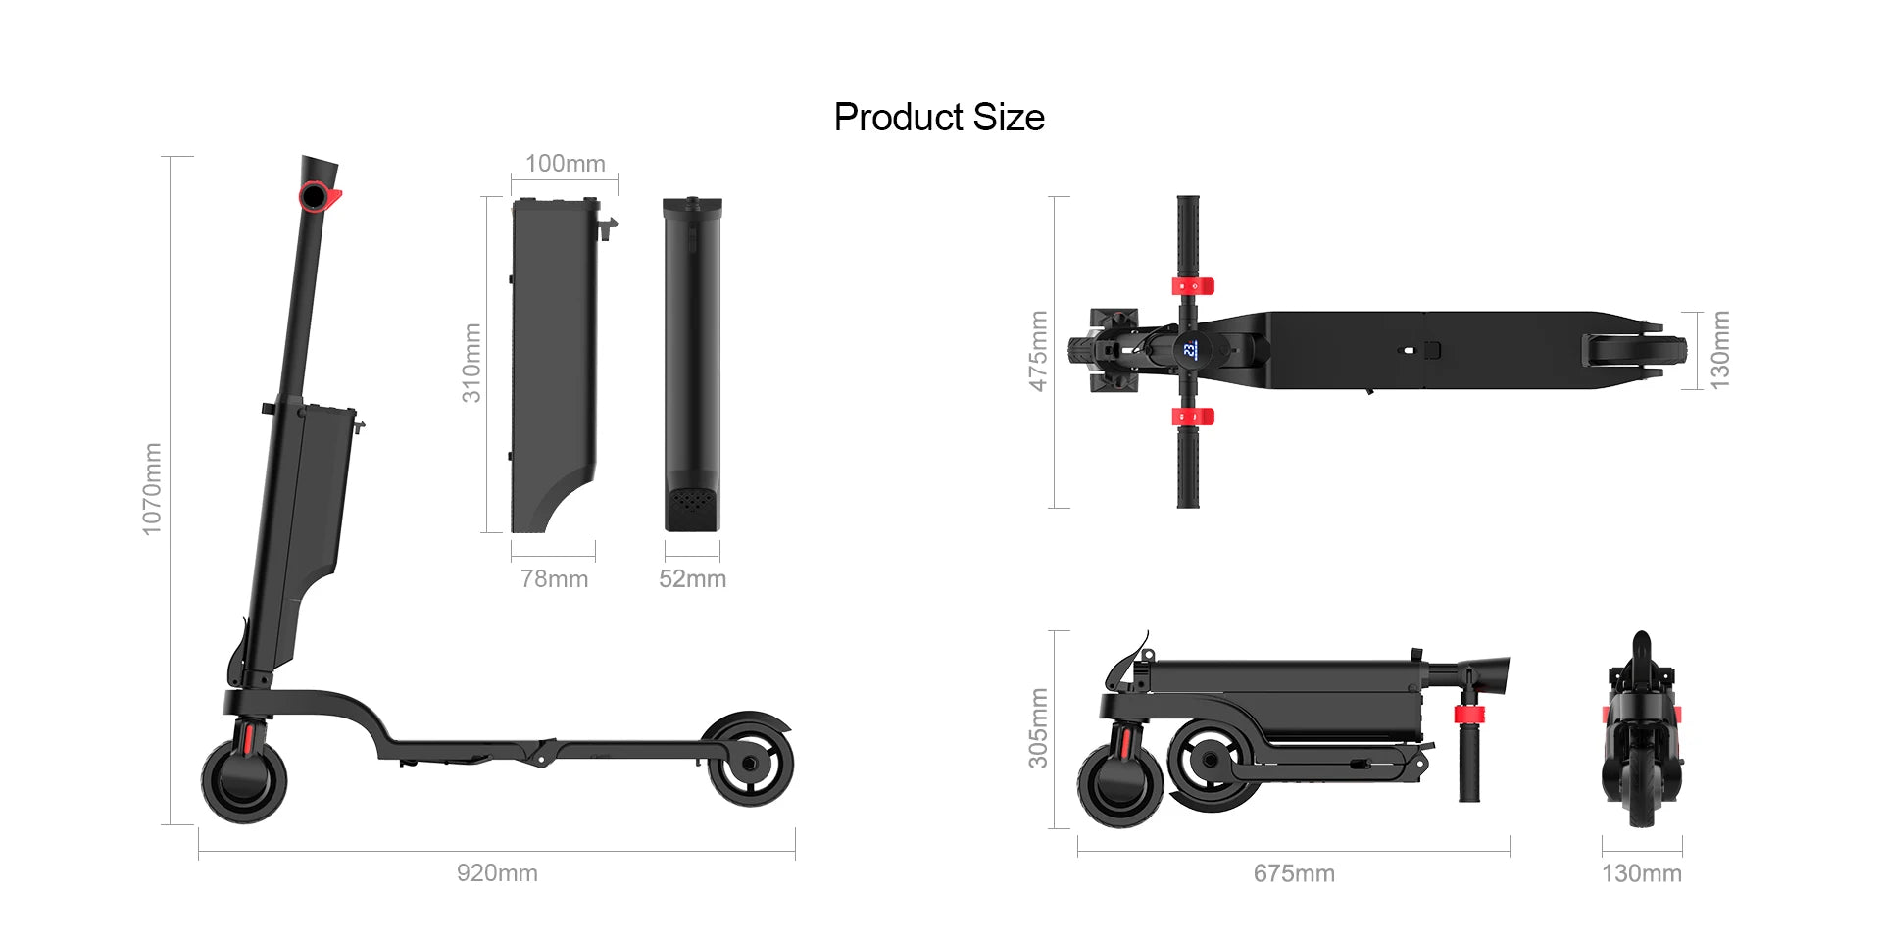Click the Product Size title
coord(938,118)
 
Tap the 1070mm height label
coord(152,488)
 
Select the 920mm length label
coord(497,872)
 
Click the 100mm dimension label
coord(565,164)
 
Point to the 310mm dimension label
coord(471,363)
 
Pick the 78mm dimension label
coord(554,578)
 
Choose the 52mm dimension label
coord(692,578)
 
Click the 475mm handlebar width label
coord(1038,351)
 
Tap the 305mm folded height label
coord(1038,727)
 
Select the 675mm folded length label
coord(1294,872)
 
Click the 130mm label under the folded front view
coord(1641,872)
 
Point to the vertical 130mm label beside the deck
coord(1719,350)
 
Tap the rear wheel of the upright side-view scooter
coord(750,762)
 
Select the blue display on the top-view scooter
coord(1189,349)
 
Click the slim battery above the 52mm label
coord(692,363)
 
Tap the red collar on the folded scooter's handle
coord(1468,714)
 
